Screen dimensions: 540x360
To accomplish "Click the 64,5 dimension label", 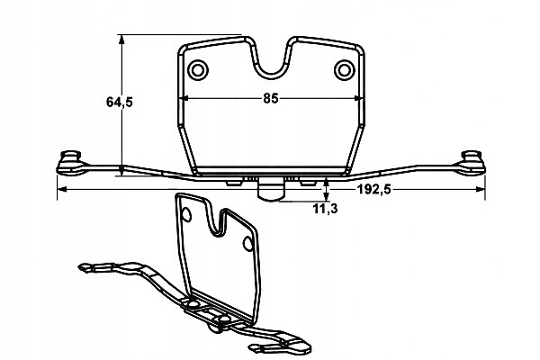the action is [x=119, y=102].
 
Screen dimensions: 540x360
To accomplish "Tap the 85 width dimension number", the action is [x=271, y=98].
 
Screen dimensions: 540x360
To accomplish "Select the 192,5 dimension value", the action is [x=373, y=189].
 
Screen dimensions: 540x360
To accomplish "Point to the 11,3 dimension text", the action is [x=326, y=209].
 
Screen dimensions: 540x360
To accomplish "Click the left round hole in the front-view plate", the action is [x=198, y=70].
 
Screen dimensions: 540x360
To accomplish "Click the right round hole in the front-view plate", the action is [x=345, y=70].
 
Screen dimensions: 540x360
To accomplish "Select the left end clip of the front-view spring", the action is [x=70, y=163].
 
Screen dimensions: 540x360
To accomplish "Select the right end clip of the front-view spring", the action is [x=471, y=163].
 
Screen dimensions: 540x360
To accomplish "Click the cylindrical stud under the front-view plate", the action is [x=271, y=190].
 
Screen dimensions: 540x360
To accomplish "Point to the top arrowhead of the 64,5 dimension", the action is [x=121, y=40].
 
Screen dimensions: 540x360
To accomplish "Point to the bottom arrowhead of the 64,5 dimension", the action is [x=121, y=170].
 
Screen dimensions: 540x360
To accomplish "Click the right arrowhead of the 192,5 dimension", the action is [x=480, y=189].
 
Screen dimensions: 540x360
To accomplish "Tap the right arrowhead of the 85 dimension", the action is [x=357, y=98].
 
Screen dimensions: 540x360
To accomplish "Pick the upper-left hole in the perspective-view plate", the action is [x=186, y=215].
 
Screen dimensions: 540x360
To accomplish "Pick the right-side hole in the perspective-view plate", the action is [x=248, y=244].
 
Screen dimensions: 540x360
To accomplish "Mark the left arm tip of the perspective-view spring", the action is [x=84, y=267].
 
